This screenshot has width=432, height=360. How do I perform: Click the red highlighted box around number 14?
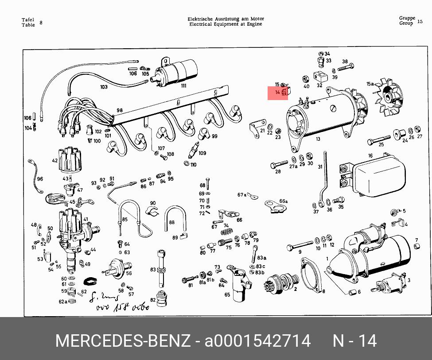278,93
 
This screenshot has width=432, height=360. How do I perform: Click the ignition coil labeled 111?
177,72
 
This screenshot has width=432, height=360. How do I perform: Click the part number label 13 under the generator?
318,139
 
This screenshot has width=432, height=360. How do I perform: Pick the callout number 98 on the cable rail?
120,110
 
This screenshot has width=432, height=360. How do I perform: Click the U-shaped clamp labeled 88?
175,220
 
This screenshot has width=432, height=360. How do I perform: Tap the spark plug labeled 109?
195,150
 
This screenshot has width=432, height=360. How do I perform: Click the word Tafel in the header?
28,20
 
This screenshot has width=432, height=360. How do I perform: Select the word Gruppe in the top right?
407,18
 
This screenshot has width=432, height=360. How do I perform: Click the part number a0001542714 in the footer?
257,341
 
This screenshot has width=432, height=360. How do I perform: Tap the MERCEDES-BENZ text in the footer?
122,341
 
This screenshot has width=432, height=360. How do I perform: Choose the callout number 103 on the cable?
104,87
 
